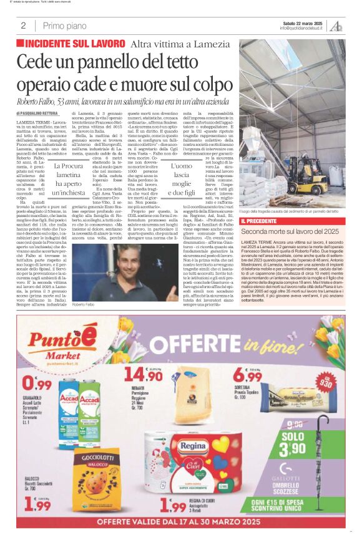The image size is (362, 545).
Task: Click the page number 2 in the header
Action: pyautogui.click(x=22, y=26)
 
